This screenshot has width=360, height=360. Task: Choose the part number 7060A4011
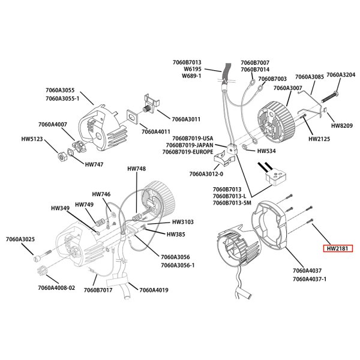click(x=156, y=131)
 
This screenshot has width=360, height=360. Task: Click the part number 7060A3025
click(x=23, y=239)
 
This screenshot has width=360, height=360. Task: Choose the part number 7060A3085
click(x=310, y=77)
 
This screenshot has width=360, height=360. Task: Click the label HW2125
click(x=320, y=139)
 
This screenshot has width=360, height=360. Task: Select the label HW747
click(x=94, y=164)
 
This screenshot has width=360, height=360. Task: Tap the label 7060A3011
click(x=187, y=119)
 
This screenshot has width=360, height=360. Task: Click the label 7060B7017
click(x=98, y=291)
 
